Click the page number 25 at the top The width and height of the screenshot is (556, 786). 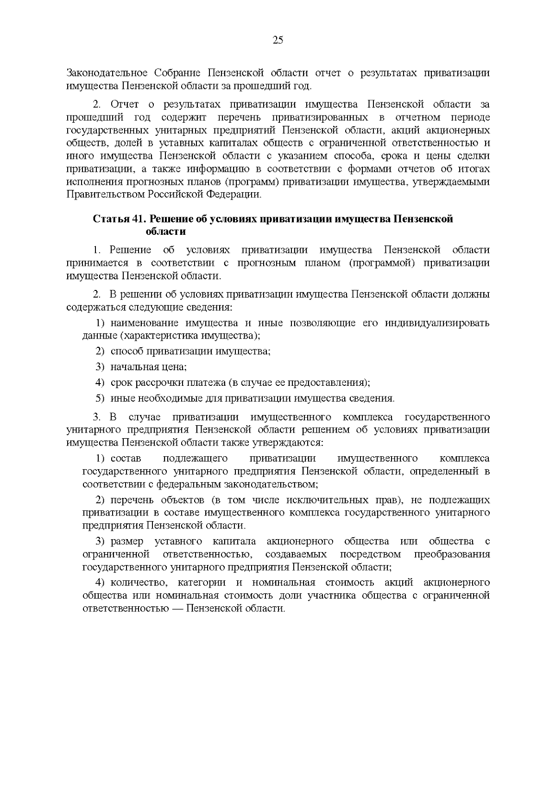coord(278,40)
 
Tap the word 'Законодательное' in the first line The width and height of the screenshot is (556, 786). coord(107,73)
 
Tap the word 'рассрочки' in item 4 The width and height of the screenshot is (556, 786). coord(159,383)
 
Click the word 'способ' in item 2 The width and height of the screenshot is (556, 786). coord(125,351)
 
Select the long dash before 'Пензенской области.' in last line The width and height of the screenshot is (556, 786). coord(177,608)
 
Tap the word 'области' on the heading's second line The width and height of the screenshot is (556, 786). coord(166,232)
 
